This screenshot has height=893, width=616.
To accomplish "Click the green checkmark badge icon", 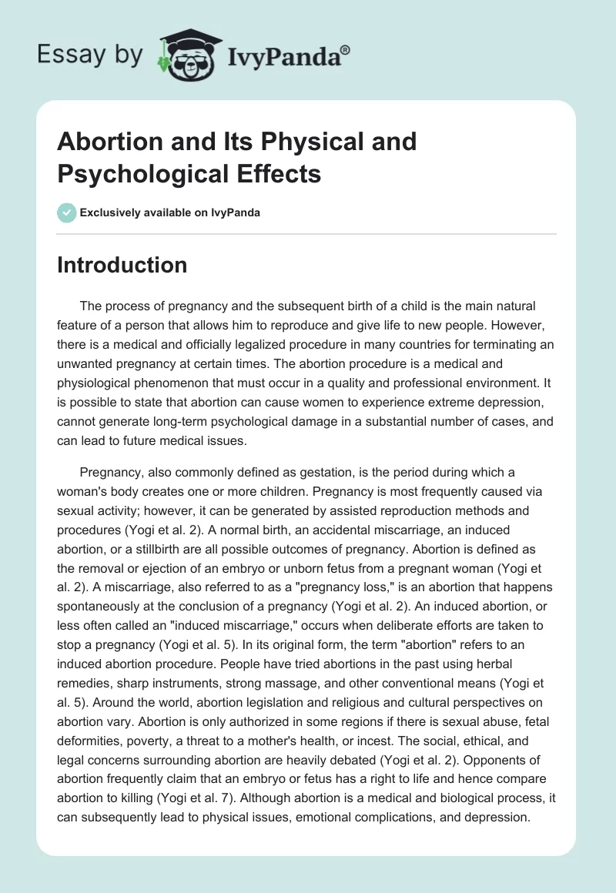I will pos(66,213).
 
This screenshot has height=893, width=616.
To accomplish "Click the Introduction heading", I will pos(122,265).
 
